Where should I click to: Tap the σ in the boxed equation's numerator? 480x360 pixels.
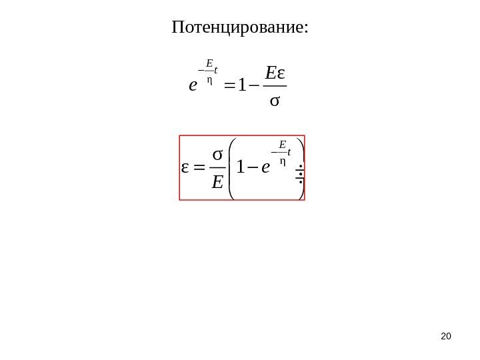pyautogui.click(x=217, y=154)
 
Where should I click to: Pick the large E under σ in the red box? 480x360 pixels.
pyautogui.click(x=217, y=181)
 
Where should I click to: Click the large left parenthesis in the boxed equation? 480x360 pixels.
pyautogui.click(x=231, y=167)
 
